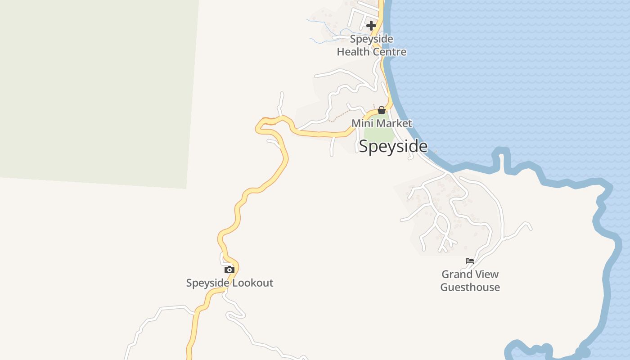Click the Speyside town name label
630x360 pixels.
point(393,146)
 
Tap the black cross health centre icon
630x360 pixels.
point(371,26)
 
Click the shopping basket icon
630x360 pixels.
point(382,110)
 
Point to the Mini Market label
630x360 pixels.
point(382,123)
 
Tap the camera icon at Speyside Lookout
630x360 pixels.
point(229,270)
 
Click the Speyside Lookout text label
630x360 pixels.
point(229,283)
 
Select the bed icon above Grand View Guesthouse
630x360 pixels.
point(470,261)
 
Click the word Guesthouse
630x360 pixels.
point(470,287)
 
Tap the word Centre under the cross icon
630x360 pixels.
point(389,52)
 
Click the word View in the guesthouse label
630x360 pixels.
point(487,274)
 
